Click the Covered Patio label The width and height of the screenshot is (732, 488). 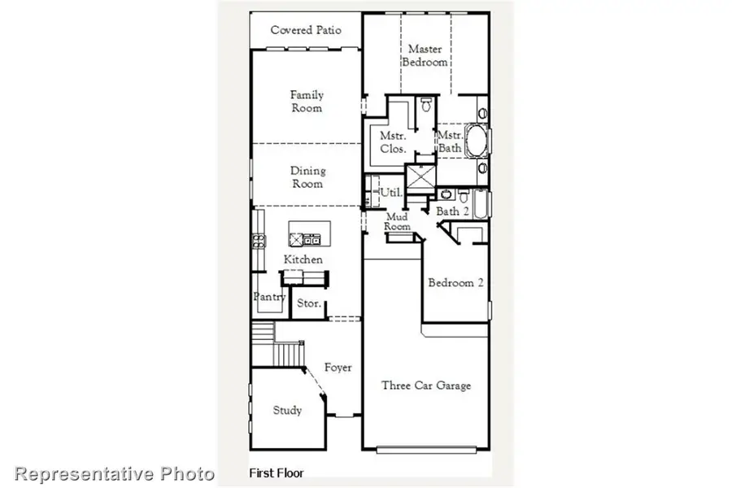306,30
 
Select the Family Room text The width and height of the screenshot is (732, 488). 306,102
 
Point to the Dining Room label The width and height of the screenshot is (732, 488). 307,177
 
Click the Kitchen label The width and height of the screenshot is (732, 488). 303,259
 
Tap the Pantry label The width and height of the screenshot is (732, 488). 269,297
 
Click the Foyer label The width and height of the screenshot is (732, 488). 338,368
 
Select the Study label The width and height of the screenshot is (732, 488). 286,410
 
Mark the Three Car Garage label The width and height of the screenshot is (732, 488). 426,386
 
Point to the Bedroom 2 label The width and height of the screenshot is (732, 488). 456,283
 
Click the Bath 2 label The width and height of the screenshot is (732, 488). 453,211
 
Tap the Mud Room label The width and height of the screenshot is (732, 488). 396,222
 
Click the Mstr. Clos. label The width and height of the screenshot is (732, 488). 388,143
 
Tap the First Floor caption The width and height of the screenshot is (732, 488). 276,473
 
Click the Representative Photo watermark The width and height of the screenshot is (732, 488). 115,473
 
